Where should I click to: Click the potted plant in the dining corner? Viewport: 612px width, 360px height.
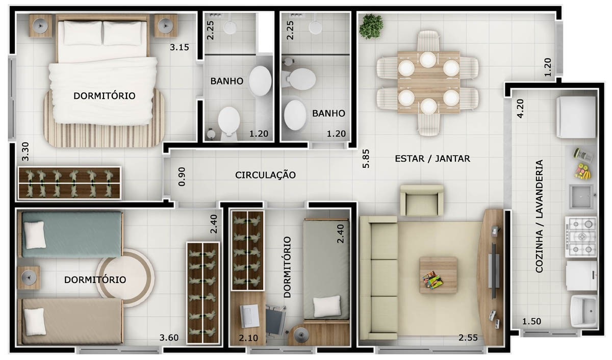click(371, 26)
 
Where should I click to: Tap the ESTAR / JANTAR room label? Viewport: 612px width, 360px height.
click(432, 159)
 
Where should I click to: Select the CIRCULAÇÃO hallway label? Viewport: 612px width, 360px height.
click(265, 175)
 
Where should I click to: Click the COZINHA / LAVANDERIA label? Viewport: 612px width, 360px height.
click(539, 216)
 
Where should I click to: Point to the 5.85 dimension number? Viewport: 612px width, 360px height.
click(366, 159)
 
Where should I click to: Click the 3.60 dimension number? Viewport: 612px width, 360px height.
click(169, 337)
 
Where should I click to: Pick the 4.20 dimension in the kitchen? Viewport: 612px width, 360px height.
click(520, 108)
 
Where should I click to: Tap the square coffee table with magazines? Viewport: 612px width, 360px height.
click(438, 275)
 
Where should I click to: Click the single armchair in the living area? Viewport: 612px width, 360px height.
click(421, 200)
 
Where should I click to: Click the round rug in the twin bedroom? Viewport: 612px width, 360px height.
click(125, 278)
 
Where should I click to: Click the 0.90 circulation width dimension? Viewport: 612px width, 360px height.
click(182, 176)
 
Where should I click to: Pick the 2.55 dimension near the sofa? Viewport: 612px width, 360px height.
click(468, 337)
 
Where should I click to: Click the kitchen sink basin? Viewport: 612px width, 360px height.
click(581, 197)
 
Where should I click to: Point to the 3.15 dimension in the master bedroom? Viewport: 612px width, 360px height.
click(180, 48)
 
